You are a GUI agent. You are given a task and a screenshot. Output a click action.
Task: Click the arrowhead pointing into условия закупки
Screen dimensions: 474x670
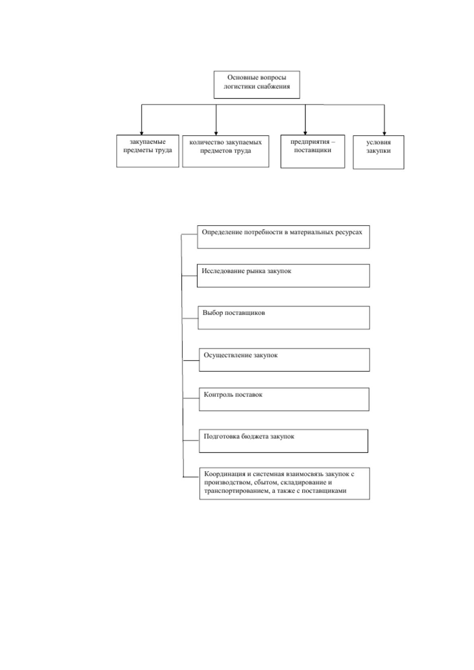[x=384, y=133]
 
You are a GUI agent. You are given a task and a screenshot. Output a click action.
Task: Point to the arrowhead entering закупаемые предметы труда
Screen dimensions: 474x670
[x=142, y=133]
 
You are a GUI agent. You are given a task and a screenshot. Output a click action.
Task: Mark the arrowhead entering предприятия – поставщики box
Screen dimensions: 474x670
[x=305, y=133]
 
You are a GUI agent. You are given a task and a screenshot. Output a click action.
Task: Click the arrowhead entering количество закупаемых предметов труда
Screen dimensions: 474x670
[x=216, y=133]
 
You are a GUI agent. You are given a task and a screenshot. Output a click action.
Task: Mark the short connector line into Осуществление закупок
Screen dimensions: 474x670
[x=191, y=360]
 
